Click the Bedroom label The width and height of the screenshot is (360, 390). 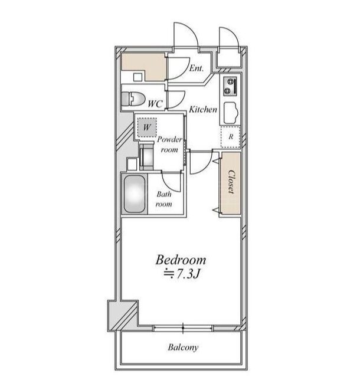coord(181,260)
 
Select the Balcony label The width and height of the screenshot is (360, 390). coord(183,348)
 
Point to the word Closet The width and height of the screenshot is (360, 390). coord(231,182)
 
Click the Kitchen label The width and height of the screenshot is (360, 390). coord(203,109)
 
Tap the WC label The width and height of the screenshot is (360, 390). coord(155,103)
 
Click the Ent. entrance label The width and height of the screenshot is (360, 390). coord(197,68)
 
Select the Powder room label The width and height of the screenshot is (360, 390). coord(169,145)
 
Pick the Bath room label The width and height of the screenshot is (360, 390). coord(163,199)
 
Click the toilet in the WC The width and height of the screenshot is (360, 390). coord(133,99)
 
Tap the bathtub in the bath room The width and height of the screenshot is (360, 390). coord(135,194)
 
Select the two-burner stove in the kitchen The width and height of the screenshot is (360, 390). coord(230,87)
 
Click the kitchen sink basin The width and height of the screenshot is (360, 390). coord(231,113)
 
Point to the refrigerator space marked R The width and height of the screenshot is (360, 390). coord(231,137)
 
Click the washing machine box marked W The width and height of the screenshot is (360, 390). coord(147,127)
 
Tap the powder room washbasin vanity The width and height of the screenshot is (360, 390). coord(146,157)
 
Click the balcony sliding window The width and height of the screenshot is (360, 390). coord(183,328)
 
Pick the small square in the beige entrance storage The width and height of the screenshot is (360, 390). coord(138,77)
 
